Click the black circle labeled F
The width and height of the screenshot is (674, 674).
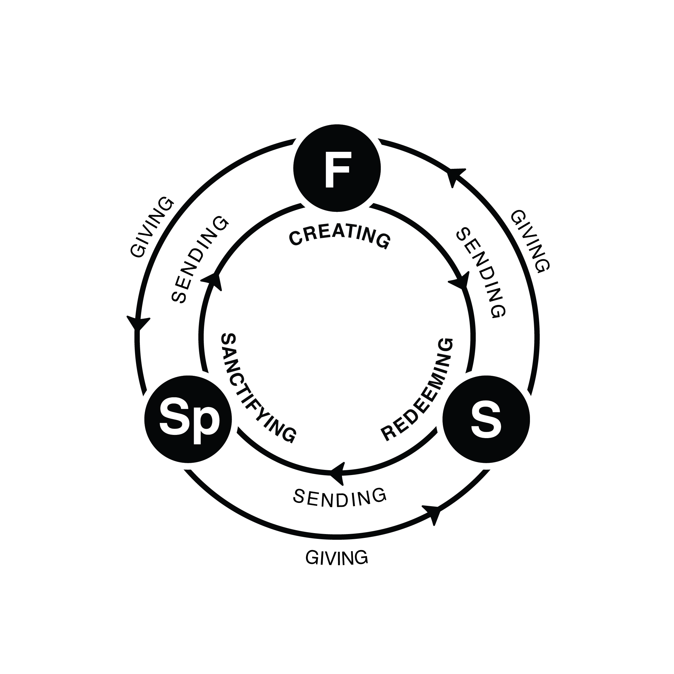(337, 168)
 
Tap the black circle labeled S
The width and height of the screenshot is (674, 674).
(486, 419)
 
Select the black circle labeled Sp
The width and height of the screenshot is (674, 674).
(188, 419)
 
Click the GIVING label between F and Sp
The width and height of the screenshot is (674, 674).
(151, 227)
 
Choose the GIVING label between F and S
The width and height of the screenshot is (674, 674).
(530, 241)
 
